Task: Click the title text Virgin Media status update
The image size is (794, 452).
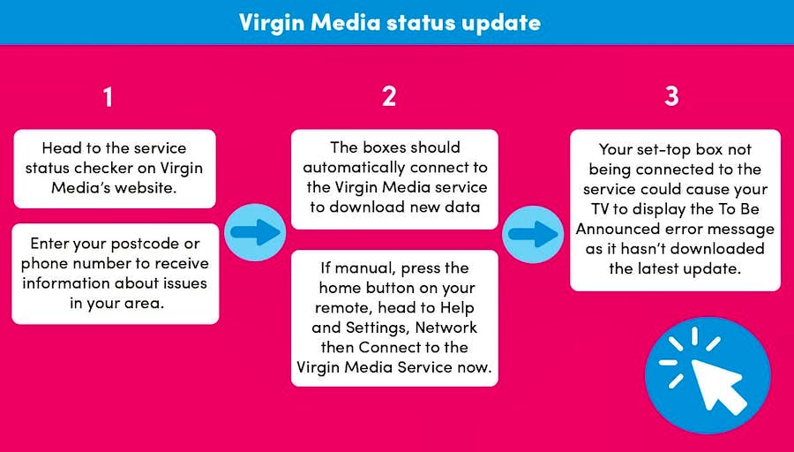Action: (x=389, y=22)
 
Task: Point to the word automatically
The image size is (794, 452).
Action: (x=355, y=168)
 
